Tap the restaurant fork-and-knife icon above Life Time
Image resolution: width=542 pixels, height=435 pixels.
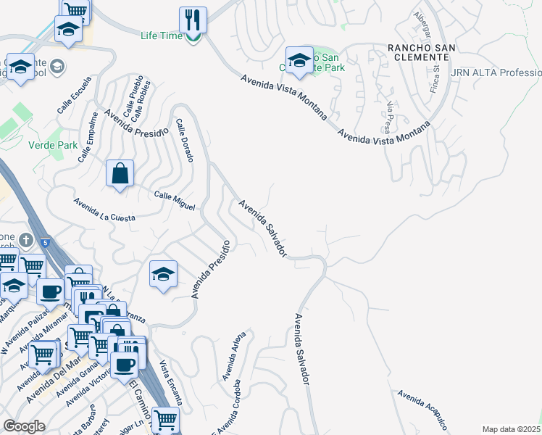coord(193,19)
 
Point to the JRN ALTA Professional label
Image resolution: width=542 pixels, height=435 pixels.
coord(496,73)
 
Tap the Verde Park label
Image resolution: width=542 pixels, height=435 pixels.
coord(52,145)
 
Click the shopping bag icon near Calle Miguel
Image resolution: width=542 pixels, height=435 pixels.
coord(120,174)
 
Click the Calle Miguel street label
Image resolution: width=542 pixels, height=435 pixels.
coord(175,201)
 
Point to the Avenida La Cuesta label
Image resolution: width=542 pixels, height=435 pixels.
coord(104,208)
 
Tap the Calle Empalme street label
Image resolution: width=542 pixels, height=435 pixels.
coord(87,142)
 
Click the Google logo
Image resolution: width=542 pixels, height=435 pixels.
coord(24,426)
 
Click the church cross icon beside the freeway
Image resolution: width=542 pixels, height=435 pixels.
coord(25,240)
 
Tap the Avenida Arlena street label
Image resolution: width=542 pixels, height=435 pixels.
coord(234,357)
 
